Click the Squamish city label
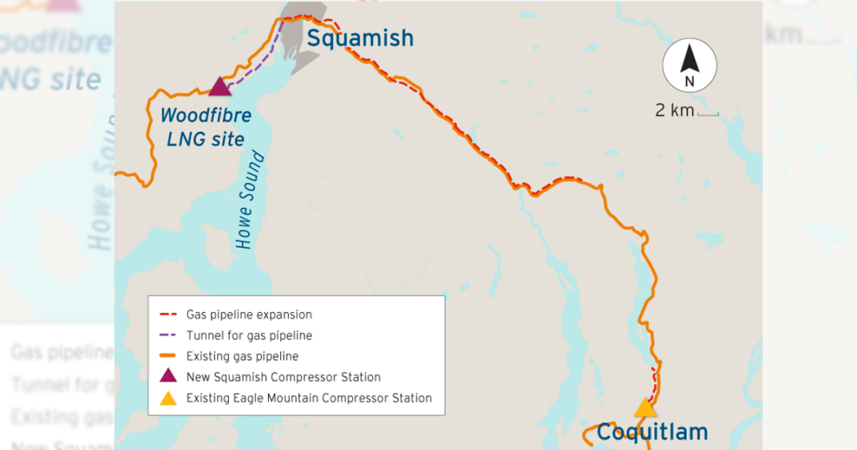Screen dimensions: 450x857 click(x=360, y=38)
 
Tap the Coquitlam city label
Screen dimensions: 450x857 click(x=652, y=432)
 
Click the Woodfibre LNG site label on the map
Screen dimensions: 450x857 click(x=205, y=127)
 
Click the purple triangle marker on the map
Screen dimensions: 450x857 click(x=219, y=87)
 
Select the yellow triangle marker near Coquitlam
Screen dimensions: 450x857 click(x=645, y=408)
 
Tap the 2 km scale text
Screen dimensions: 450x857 click(x=674, y=111)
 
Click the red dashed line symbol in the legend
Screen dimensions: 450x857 click(x=168, y=314)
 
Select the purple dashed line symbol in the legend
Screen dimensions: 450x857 click(x=168, y=335)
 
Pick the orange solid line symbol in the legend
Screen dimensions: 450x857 click(x=168, y=355)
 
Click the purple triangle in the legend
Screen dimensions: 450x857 click(x=168, y=375)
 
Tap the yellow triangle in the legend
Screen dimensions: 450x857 click(x=168, y=397)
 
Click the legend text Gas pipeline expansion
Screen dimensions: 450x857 click(x=249, y=314)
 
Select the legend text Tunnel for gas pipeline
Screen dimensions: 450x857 click(x=249, y=335)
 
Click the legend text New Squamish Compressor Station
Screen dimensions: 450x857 click(x=283, y=376)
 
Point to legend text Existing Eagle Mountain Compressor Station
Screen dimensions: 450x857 click(x=309, y=397)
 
